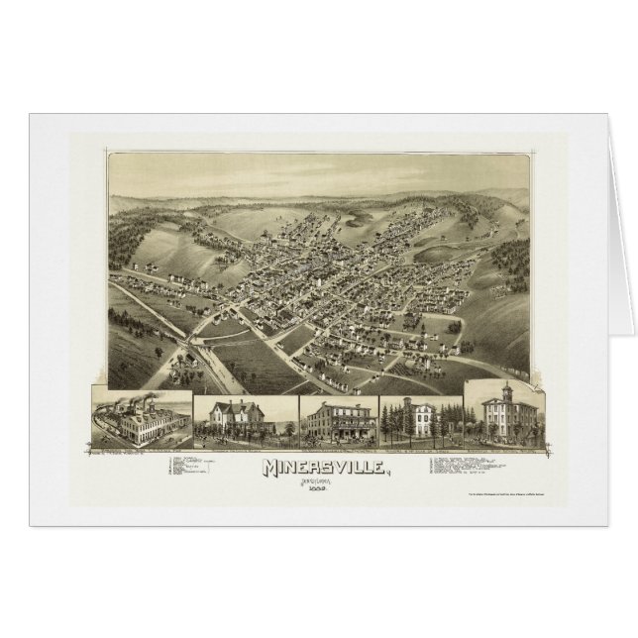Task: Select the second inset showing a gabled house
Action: tap(242, 418)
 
